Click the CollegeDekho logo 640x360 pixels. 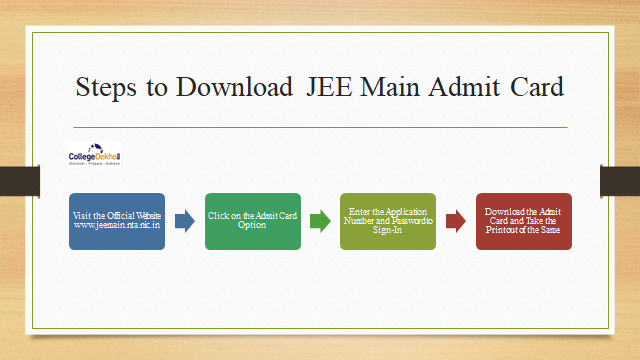click(x=94, y=157)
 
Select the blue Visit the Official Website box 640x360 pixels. click(x=117, y=221)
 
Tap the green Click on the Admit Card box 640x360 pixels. click(x=252, y=221)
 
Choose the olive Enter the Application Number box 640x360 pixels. click(x=388, y=221)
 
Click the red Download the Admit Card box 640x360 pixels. click(x=523, y=221)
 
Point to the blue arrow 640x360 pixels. click(x=185, y=222)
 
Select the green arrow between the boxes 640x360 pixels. click(x=320, y=222)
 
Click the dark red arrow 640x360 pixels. click(x=455, y=222)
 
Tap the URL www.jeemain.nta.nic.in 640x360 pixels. click(x=117, y=227)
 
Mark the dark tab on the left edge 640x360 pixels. click(x=19, y=180)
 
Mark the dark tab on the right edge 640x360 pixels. click(x=619, y=180)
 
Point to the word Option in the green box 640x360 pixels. click(x=252, y=227)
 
